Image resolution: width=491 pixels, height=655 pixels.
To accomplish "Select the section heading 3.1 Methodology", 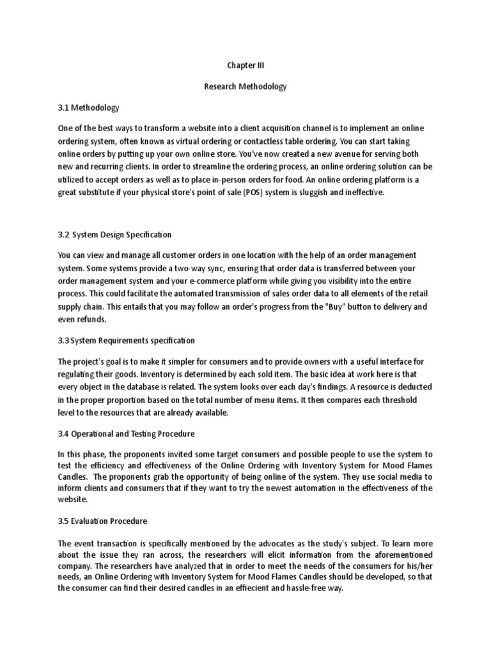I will [x=89, y=107].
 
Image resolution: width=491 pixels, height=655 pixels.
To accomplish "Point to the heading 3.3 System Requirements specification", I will [x=127, y=340].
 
